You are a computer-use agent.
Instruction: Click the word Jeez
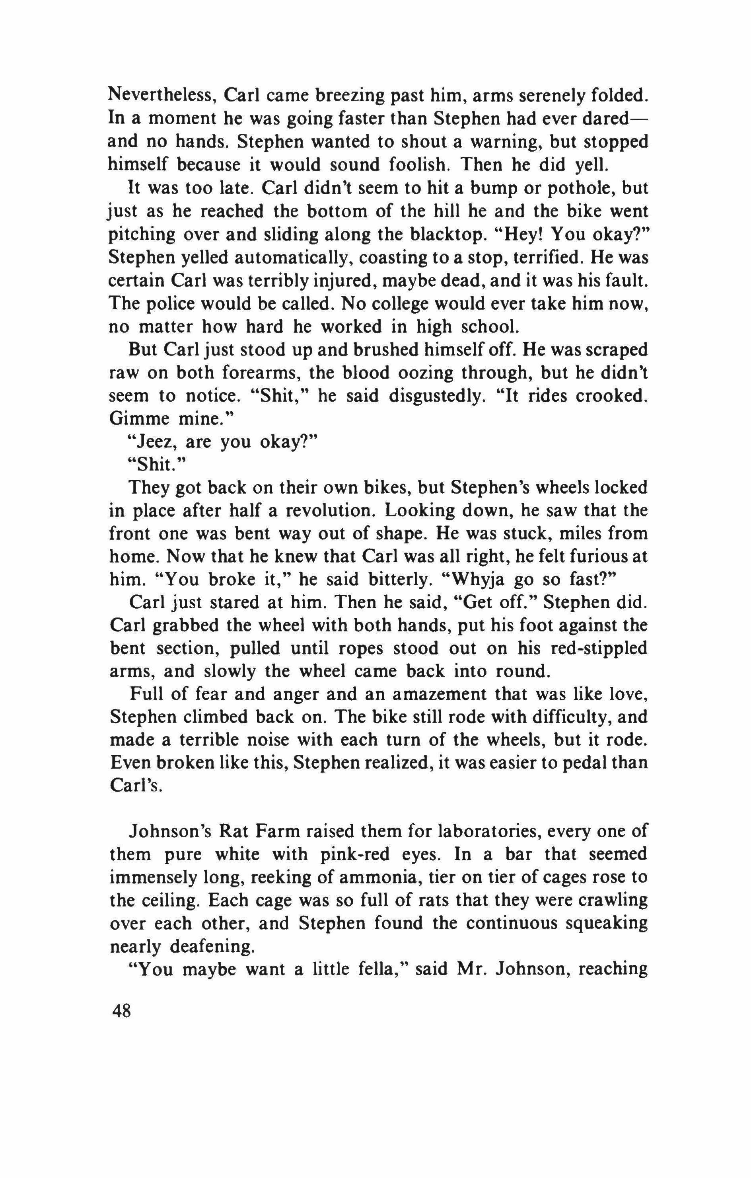coord(152,442)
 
